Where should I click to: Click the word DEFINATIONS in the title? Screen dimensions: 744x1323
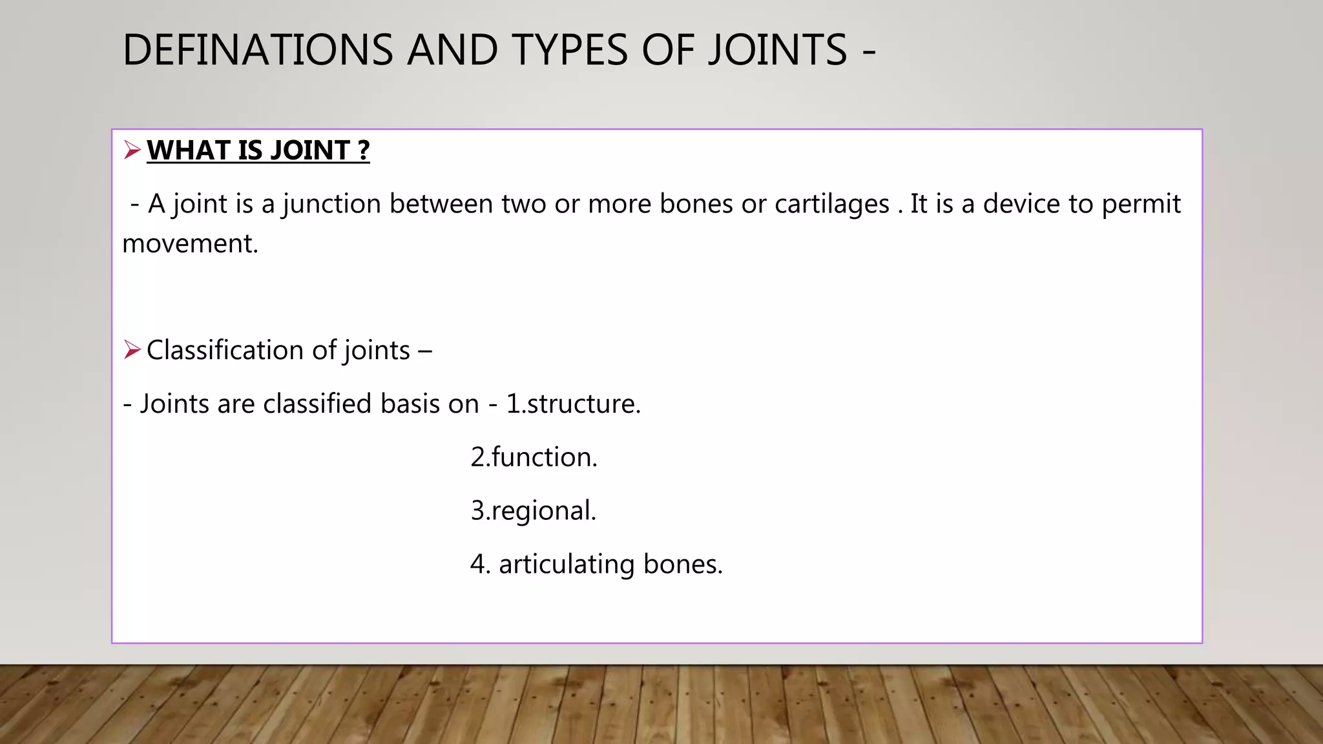click(258, 50)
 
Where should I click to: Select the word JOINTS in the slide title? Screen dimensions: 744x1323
click(778, 50)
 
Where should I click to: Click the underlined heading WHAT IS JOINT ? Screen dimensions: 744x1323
click(258, 150)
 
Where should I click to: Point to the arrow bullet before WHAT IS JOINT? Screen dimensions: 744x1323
click(132, 150)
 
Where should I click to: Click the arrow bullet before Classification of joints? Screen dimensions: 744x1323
click(132, 350)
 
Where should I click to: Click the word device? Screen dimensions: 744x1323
click(1022, 204)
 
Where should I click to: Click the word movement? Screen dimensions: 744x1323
click(190, 244)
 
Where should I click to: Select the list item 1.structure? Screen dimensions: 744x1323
click(573, 404)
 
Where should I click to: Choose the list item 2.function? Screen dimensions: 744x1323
click(534, 457)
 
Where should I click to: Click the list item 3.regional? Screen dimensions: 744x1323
click(533, 511)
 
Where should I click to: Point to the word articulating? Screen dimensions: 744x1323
click(567, 564)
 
